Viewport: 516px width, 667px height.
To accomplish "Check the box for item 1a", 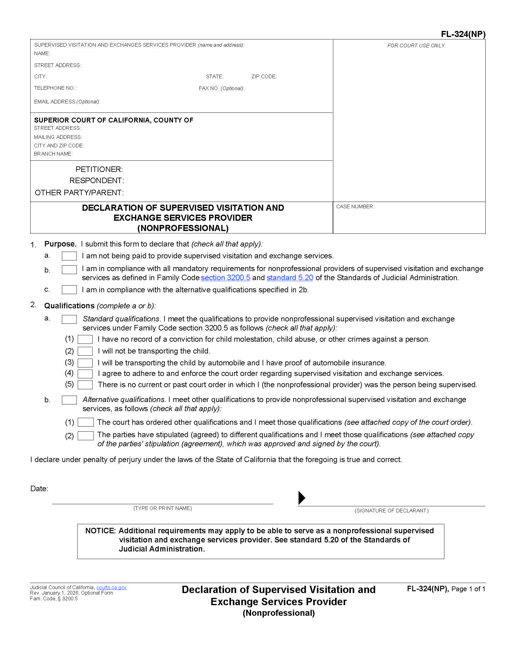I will point(69,256).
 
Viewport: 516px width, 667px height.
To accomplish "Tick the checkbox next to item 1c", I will point(69,290).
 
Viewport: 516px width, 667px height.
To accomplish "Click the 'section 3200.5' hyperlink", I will point(225,278).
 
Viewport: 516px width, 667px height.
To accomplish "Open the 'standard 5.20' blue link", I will point(290,278).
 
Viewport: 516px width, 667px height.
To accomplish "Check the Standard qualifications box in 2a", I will point(69,319).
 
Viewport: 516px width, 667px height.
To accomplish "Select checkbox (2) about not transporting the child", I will point(85,351).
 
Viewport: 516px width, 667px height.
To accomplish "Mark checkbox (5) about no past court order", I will point(85,385).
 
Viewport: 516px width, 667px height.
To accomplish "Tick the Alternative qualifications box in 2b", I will point(69,400).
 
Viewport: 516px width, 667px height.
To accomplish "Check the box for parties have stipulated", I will point(86,436).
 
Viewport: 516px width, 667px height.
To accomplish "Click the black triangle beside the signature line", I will point(301,498).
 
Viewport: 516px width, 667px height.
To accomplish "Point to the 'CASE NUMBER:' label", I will point(355,207).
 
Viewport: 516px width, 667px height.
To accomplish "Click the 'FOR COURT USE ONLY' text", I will point(416,45).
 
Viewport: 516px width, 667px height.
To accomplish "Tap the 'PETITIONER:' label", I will point(99,169).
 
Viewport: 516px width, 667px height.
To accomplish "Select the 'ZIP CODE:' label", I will point(264,77).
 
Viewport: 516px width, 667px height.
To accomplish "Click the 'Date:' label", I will point(39,489).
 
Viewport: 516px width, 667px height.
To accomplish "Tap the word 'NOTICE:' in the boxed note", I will point(100,531).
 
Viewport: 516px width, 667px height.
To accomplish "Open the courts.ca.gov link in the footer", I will point(111,587).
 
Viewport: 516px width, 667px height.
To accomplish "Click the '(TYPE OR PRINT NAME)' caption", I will point(162,508).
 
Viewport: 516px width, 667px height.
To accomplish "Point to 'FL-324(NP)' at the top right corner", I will point(463,34).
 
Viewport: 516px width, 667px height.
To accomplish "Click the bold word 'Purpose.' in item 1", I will point(60,244).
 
